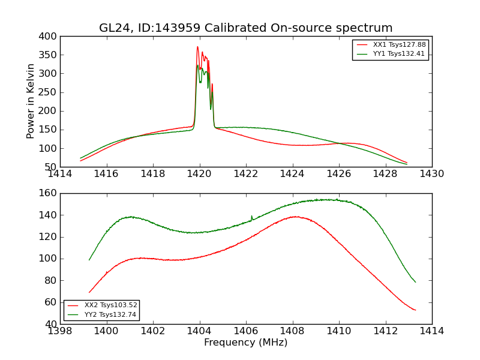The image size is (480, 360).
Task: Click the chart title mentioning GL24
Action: (246, 28)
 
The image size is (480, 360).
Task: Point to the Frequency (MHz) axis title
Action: (246, 343)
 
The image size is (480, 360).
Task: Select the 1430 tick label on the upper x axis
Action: (432, 174)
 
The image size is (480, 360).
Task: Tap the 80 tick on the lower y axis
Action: (50, 280)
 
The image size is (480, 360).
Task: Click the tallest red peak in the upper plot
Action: (197, 47)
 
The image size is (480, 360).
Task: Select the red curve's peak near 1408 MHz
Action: (295, 217)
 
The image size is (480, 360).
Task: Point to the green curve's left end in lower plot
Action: (89, 260)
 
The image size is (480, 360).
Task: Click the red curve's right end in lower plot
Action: (415, 310)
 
